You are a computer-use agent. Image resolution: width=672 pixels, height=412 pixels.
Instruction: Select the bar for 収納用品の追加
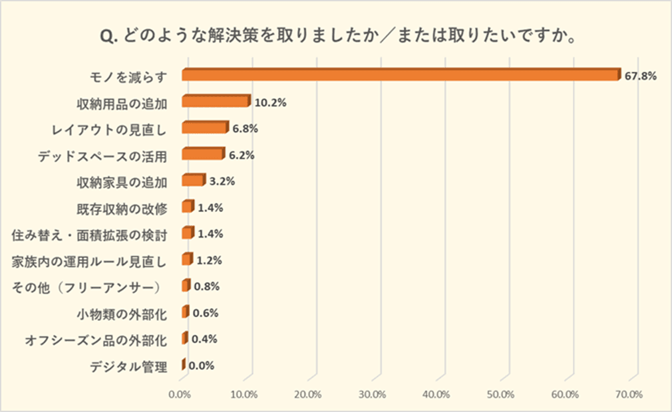coord(216,102)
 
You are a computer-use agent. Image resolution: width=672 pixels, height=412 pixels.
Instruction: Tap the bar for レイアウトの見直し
coord(204,128)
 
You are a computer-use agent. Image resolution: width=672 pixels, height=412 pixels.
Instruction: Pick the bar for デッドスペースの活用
coord(202,154)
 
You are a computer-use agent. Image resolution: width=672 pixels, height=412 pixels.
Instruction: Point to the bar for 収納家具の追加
coord(192,180)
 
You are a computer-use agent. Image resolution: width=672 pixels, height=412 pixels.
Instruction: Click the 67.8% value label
coord(640,76)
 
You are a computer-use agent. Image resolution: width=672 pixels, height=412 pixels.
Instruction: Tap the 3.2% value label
coord(222,181)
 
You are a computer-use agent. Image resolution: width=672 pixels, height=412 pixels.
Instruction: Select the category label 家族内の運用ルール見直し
coord(89,260)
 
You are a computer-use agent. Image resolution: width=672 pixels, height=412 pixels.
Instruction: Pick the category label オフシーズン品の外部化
coord(96,339)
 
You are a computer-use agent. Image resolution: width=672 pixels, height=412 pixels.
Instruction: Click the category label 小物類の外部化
coord(122,313)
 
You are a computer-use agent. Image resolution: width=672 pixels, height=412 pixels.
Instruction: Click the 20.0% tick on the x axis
coord(309,395)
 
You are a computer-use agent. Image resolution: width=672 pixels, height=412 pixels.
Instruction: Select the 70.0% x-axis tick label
coord(629,395)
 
